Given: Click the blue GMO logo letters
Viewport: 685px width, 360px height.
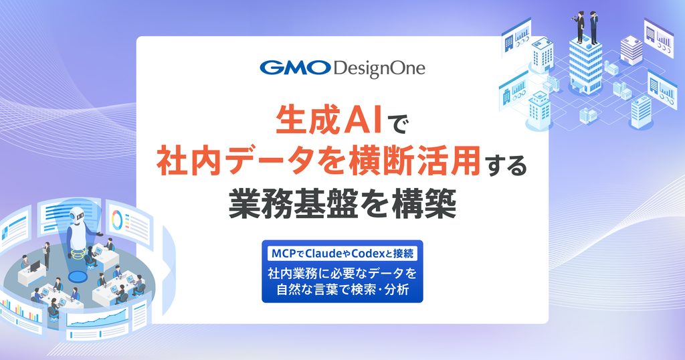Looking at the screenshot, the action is pyautogui.click(x=295, y=68).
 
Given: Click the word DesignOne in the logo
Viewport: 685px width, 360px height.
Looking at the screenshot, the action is pyautogui.click(x=379, y=69).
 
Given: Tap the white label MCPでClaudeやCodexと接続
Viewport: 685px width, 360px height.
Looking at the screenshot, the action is pyautogui.click(x=342, y=254).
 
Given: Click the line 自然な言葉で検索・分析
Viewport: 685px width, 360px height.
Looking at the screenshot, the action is pyautogui.click(x=342, y=290).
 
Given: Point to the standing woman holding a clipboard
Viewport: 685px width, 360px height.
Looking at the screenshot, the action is pyautogui.click(x=47, y=254).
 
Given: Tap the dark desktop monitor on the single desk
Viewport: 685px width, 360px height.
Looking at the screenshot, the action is pyautogui.click(x=35, y=266).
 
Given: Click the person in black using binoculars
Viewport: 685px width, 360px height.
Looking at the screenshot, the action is pyautogui.click(x=579, y=27).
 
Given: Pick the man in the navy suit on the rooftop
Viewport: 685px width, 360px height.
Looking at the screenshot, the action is pyautogui.click(x=593, y=27).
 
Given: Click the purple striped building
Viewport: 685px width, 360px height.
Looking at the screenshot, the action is pyautogui.click(x=631, y=50).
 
